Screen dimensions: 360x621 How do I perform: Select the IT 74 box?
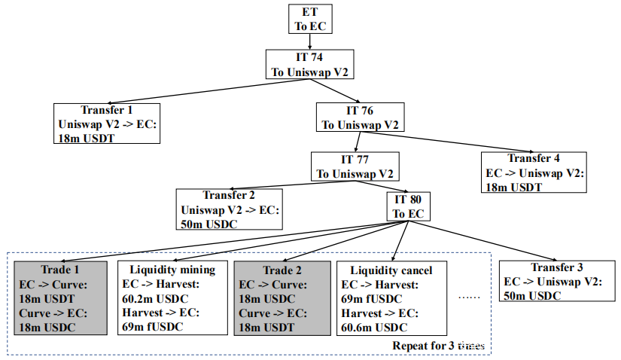click(309, 66)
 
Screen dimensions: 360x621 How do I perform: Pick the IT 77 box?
click(355, 166)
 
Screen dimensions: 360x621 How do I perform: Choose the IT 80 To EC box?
click(409, 207)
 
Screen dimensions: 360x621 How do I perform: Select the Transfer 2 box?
click(230, 208)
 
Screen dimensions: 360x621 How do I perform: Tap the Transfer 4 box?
click(534, 172)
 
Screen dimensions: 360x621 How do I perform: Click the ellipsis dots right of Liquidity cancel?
click(470, 296)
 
